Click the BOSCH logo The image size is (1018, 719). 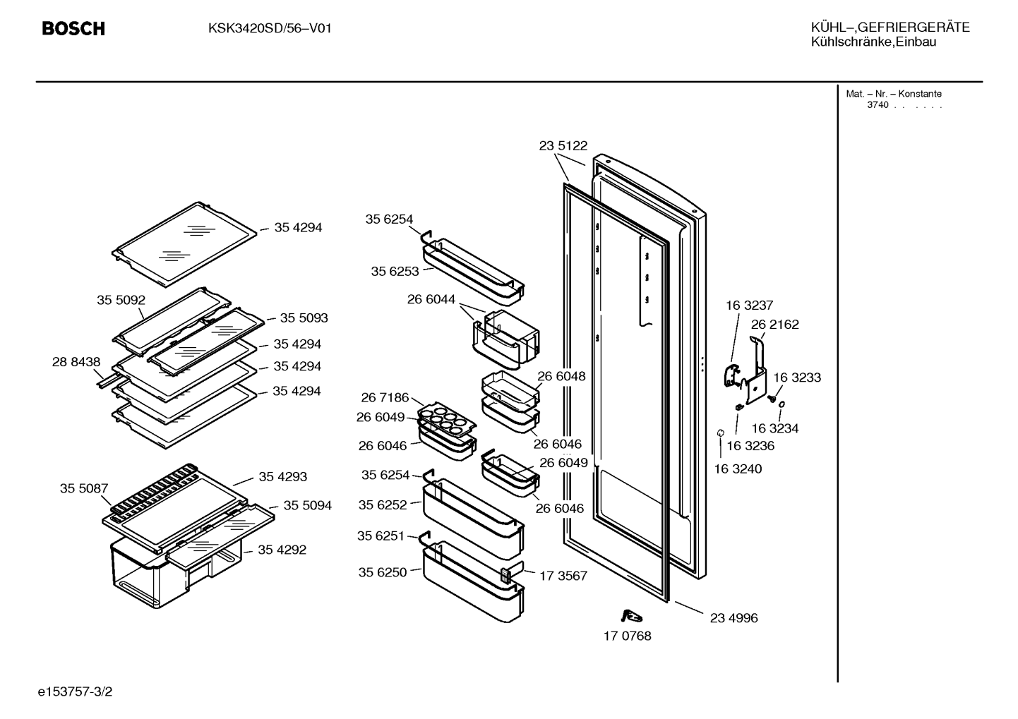click(73, 29)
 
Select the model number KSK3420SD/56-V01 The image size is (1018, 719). click(270, 29)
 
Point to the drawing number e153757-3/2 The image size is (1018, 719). click(75, 691)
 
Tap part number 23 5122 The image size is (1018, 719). click(563, 145)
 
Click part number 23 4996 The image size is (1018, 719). click(734, 617)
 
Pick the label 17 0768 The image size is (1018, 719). click(627, 636)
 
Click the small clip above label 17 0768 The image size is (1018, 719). click(631, 616)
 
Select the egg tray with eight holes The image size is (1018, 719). click(447, 418)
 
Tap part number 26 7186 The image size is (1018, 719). click(385, 397)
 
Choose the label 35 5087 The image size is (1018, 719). click(84, 488)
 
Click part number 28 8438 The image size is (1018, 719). click(76, 361)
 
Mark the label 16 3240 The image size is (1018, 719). click(738, 469)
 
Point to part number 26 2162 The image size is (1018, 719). click(775, 325)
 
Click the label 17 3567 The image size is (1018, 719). click(563, 576)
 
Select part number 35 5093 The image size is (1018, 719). click(304, 318)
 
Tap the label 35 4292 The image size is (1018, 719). click(282, 550)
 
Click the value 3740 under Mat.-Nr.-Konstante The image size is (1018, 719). click(878, 105)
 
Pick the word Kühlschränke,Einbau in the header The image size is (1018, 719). click(873, 42)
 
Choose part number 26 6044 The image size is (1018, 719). click(431, 299)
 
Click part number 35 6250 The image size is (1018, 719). click(382, 572)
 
